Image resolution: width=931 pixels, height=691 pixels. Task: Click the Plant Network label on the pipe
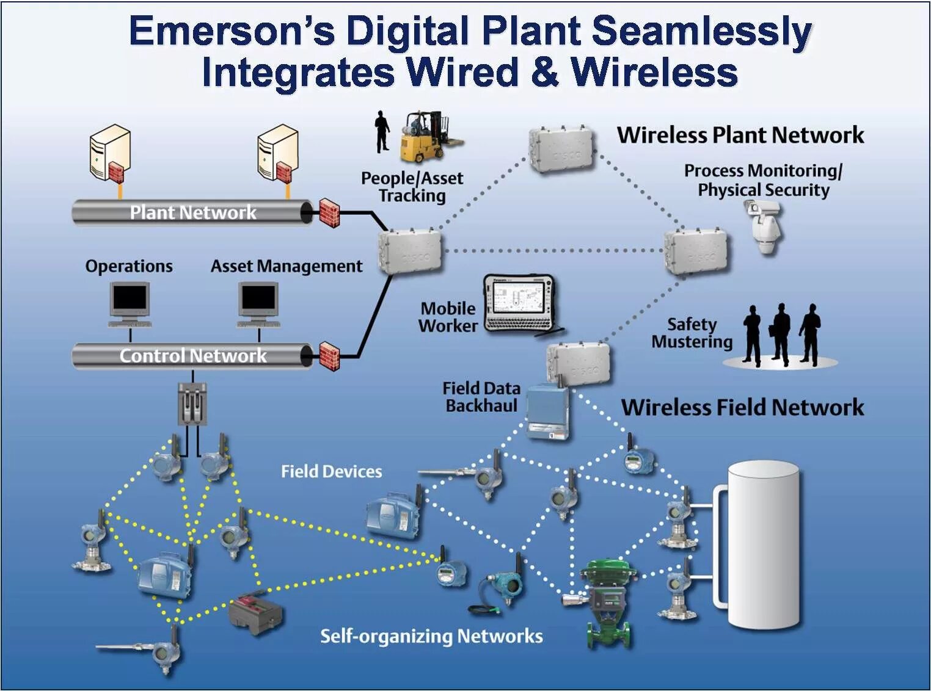[193, 212]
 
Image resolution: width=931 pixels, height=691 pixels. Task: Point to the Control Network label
[193, 355]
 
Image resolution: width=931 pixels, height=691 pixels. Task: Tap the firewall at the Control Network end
[329, 356]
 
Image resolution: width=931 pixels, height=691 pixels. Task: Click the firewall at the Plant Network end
[329, 213]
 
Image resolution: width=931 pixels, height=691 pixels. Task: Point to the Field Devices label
[331, 471]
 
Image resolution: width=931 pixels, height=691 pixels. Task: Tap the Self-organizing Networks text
[431, 636]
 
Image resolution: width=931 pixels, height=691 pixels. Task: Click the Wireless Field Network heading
[742, 407]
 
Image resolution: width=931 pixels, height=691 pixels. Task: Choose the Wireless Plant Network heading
[740, 135]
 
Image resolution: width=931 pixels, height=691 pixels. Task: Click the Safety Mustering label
[692, 333]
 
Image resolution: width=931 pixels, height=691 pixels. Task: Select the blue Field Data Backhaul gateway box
[548, 411]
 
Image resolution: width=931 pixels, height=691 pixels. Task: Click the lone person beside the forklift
[382, 131]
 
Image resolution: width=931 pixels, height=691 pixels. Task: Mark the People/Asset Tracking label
[412, 187]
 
